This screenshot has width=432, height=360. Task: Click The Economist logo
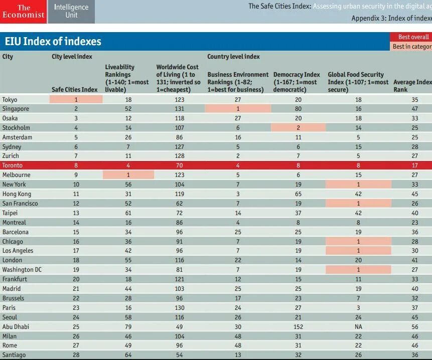pyautogui.click(x=23, y=12)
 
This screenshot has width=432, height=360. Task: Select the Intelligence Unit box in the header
pyautogui.click(x=71, y=12)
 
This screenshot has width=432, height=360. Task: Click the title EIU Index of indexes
pyautogui.click(x=53, y=41)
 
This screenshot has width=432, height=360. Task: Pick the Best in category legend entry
pyautogui.click(x=412, y=47)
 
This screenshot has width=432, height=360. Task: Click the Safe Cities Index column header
pyautogui.click(x=74, y=90)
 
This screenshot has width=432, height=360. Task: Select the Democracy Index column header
pyautogui.click(x=297, y=82)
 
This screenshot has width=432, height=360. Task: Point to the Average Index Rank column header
pyautogui.click(x=412, y=86)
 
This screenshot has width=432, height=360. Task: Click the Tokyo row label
pyautogui.click(x=10, y=100)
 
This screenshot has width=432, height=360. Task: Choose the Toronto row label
pyautogui.click(x=13, y=165)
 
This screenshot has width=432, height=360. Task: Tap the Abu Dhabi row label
pyautogui.click(x=16, y=326)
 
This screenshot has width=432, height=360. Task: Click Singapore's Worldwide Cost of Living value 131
pyautogui.click(x=179, y=109)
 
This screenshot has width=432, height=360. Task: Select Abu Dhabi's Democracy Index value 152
pyautogui.click(x=299, y=326)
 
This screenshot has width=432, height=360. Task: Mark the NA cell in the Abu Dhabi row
pyautogui.click(x=358, y=326)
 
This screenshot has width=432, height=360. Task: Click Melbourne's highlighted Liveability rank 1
pyautogui.click(x=128, y=175)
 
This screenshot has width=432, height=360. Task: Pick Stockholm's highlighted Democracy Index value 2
pyautogui.click(x=298, y=128)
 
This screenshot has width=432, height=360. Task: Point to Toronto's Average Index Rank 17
pyautogui.click(x=414, y=165)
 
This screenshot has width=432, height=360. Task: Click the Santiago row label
pyautogui.click(x=14, y=355)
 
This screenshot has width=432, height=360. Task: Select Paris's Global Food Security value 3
pyautogui.click(x=358, y=308)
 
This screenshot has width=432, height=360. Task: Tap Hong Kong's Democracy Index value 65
pyautogui.click(x=298, y=194)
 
